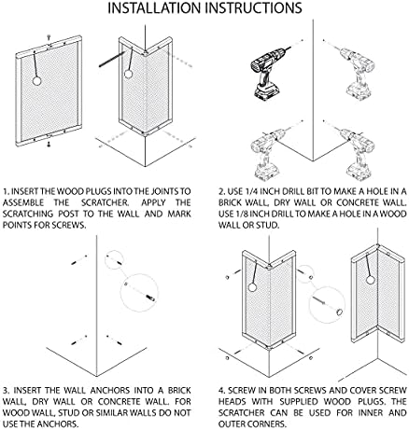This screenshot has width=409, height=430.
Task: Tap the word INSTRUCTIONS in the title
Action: pyautogui.click(x=253, y=7)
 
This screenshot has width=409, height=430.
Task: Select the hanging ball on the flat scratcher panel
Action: pyautogui.click(x=36, y=81)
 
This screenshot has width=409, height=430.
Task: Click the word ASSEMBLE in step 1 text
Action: pyautogui.click(x=23, y=202)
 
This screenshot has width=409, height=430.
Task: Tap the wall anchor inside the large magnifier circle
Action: pyautogui.click(x=150, y=298)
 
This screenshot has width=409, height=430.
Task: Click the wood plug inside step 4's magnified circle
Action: pyautogui.click(x=340, y=312)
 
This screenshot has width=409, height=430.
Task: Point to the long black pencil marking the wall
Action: pyautogui.click(x=112, y=59)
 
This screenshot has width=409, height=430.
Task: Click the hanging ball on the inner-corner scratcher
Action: pyautogui.click(x=370, y=280)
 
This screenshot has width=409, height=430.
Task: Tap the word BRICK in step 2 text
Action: pyautogui.click(x=231, y=202)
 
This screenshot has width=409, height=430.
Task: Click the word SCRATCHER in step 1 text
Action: pyautogui.click(x=106, y=202)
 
